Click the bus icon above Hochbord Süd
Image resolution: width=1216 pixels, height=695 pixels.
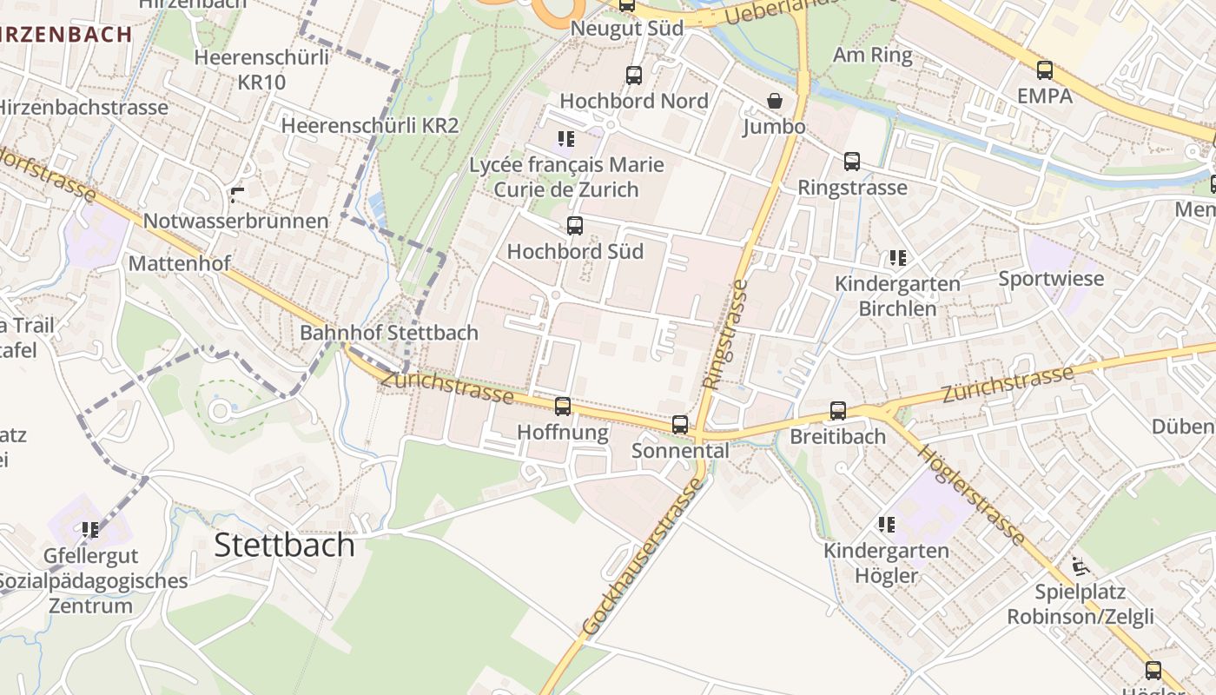574,226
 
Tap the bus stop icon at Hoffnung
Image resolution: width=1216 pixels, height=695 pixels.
563,406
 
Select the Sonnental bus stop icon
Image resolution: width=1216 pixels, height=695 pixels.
680,425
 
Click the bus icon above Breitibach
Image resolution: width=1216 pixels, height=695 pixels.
837,410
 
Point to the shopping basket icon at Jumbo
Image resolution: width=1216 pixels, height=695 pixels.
775,101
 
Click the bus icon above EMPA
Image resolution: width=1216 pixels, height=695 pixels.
1045,69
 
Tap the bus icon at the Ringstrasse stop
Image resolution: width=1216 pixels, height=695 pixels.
852,161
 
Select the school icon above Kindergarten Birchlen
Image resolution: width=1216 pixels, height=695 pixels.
897,257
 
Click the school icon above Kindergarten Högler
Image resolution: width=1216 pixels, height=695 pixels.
886,524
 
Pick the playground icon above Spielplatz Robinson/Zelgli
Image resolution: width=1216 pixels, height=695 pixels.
1080,566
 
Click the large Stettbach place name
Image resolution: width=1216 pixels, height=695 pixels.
284,545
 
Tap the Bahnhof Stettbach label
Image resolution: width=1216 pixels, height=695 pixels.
388,333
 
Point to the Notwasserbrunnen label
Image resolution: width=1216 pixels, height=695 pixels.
235,221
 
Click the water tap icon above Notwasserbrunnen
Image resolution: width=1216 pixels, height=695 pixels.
236,194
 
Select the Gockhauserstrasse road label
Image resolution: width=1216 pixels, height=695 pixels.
643,556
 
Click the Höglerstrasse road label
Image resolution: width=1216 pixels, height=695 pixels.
970,494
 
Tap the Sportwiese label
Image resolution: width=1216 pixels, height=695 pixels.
1051,279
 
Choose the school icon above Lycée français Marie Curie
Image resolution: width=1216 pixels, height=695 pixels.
566,138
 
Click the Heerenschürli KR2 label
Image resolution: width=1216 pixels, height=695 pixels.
369,125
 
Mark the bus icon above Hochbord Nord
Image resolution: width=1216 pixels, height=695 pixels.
634,75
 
